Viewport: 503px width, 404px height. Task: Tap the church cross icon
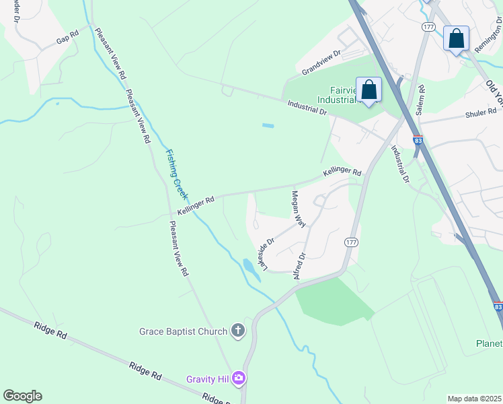pyautogui.click(x=237, y=330)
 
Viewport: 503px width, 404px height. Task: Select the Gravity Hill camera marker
pyautogui.click(x=239, y=379)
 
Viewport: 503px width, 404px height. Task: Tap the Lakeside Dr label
pyautogui.click(x=266, y=254)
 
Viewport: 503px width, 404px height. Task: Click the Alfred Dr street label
pyautogui.click(x=299, y=265)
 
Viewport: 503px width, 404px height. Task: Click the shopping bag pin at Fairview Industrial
pyautogui.click(x=369, y=90)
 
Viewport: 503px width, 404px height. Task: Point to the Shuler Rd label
pyautogui.click(x=480, y=114)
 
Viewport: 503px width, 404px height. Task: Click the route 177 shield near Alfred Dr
pyautogui.click(x=351, y=242)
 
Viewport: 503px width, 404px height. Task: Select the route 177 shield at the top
pyautogui.click(x=428, y=26)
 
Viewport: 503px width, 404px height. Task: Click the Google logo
pyautogui.click(x=22, y=396)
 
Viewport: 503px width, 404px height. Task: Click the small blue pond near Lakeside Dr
pyautogui.click(x=250, y=269)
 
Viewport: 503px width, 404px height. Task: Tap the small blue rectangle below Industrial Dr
pyautogui.click(x=268, y=125)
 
